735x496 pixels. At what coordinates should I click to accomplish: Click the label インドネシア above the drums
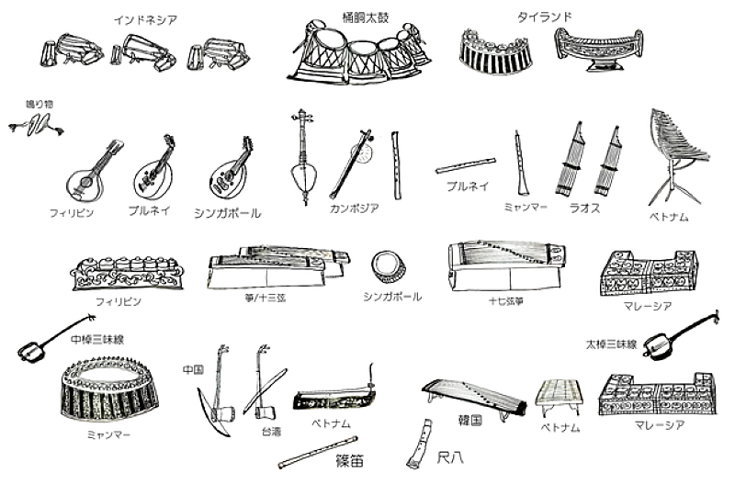point(146,20)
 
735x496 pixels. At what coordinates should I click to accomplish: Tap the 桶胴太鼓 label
point(366,17)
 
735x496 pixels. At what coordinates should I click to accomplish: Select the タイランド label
point(544,17)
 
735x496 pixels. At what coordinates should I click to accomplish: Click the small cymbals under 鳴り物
point(36,125)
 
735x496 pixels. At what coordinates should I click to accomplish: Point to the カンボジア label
point(354,209)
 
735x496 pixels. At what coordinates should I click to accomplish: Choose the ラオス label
point(584,209)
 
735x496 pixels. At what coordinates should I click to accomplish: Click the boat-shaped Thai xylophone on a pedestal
point(599,50)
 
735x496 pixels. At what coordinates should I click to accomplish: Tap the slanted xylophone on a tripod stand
point(677,154)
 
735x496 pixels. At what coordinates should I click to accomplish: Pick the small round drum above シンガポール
point(389,266)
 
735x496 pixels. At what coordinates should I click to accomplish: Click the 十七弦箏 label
point(506,301)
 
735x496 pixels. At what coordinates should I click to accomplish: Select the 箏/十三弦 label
point(266,299)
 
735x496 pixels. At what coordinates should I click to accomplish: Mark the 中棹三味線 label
point(97,340)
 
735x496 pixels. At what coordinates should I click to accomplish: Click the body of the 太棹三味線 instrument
point(655,346)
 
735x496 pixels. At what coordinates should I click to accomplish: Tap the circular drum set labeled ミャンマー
point(109,390)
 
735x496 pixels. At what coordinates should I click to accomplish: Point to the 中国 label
point(194,370)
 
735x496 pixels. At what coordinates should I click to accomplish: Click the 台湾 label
point(271,432)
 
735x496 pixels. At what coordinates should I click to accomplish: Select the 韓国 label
point(470,420)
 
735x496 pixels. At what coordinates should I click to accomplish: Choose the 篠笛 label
point(350,461)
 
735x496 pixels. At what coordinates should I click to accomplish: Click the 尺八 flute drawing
point(419,444)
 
